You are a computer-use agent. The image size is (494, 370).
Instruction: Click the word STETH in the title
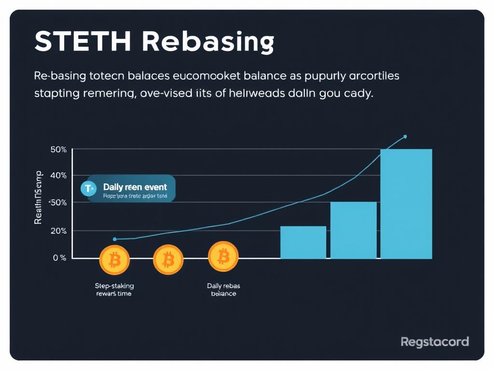82,42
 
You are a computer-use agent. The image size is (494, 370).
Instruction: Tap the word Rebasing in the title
208,42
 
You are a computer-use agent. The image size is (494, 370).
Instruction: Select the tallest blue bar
406,204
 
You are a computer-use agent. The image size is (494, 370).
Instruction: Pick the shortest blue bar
303,242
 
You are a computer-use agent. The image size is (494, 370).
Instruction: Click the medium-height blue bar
353,230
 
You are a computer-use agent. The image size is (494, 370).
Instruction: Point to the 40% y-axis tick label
58,175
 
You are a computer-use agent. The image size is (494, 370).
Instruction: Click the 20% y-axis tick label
58,231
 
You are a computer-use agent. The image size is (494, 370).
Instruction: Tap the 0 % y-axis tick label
59,258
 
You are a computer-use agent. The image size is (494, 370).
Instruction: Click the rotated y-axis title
38,198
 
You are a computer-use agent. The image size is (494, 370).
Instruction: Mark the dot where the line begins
114,239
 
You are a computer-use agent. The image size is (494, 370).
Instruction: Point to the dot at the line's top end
405,136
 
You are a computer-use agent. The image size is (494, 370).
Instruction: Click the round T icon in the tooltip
88,188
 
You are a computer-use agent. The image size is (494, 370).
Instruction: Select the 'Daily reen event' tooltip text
135,187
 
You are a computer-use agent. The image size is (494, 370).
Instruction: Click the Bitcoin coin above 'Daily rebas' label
223,257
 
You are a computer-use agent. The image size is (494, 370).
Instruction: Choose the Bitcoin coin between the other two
168,260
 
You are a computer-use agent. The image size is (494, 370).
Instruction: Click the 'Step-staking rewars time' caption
114,290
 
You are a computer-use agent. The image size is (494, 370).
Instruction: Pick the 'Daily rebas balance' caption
223,290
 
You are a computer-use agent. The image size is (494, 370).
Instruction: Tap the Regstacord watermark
435,342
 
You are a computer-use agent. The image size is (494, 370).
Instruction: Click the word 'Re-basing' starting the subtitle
61,76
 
